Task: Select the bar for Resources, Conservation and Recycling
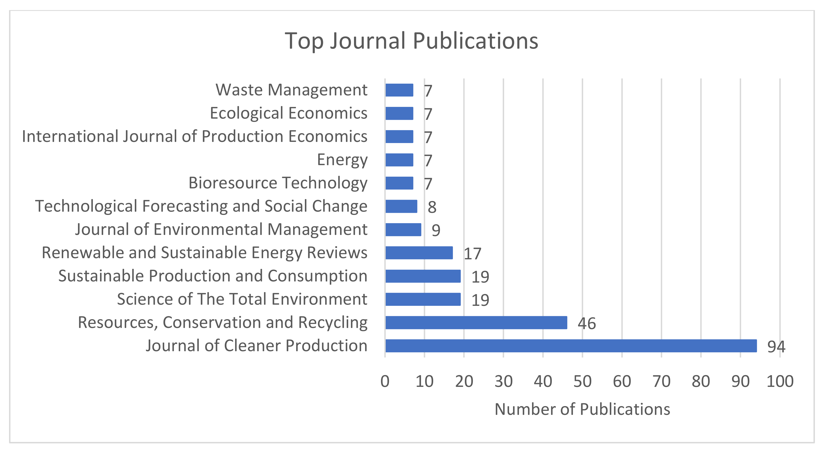pyautogui.click(x=476, y=323)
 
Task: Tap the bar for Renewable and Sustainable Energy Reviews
pyautogui.click(x=419, y=253)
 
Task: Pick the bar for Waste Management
pyautogui.click(x=399, y=90)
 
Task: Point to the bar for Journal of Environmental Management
pyautogui.click(x=403, y=230)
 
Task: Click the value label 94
pyautogui.click(x=776, y=346)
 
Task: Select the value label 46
pyautogui.click(x=586, y=323)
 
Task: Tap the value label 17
pyautogui.click(x=472, y=254)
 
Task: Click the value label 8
pyautogui.click(x=432, y=207)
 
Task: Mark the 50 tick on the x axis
pyautogui.click(x=582, y=381)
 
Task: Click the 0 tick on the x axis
pyautogui.click(x=385, y=381)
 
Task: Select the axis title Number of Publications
pyautogui.click(x=582, y=409)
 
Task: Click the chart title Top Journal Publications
pyautogui.click(x=412, y=41)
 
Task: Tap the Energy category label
pyautogui.click(x=342, y=160)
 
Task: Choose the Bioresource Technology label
pyautogui.click(x=278, y=183)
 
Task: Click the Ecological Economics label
pyautogui.click(x=288, y=113)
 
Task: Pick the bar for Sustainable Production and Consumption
pyautogui.click(x=423, y=276)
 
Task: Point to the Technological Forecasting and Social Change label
pyautogui.click(x=201, y=206)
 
